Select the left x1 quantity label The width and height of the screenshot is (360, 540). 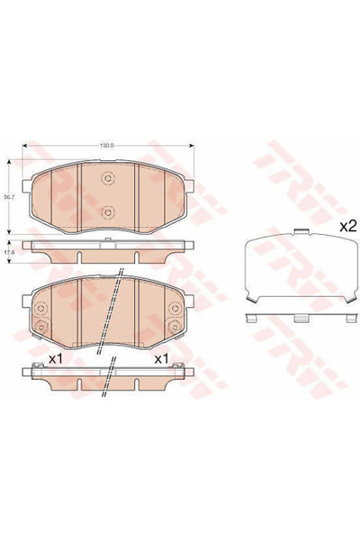point(54,359)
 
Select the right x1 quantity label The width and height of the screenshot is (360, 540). point(163,359)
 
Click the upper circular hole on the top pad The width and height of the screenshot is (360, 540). point(108,178)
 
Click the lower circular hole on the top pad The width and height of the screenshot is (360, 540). point(108,212)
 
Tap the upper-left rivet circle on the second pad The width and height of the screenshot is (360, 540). point(40,309)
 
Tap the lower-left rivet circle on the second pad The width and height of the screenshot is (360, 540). point(40,326)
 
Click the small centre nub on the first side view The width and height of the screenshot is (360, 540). point(108,239)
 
